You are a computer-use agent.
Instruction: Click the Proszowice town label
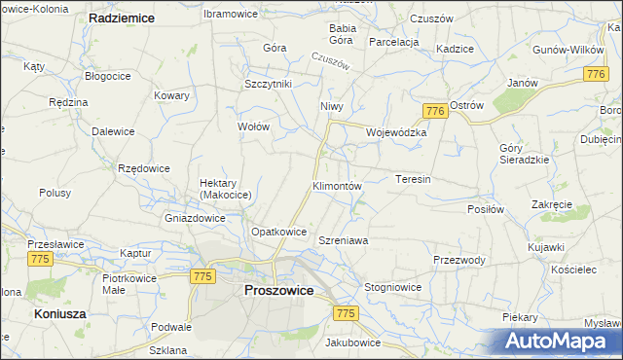point(278,290)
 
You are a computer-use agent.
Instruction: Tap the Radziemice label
point(122,18)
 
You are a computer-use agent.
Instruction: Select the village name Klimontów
point(337,185)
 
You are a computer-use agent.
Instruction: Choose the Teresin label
point(414,179)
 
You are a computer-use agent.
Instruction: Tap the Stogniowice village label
point(392,288)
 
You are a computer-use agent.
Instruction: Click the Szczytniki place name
point(268,85)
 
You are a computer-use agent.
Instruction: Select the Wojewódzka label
point(397,132)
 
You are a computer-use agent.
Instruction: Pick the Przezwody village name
point(459,260)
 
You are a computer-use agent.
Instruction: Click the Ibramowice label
point(229,15)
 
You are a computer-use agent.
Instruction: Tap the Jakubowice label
point(353,342)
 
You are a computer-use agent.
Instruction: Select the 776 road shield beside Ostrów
point(435,112)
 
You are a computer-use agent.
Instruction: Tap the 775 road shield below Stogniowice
point(346,313)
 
